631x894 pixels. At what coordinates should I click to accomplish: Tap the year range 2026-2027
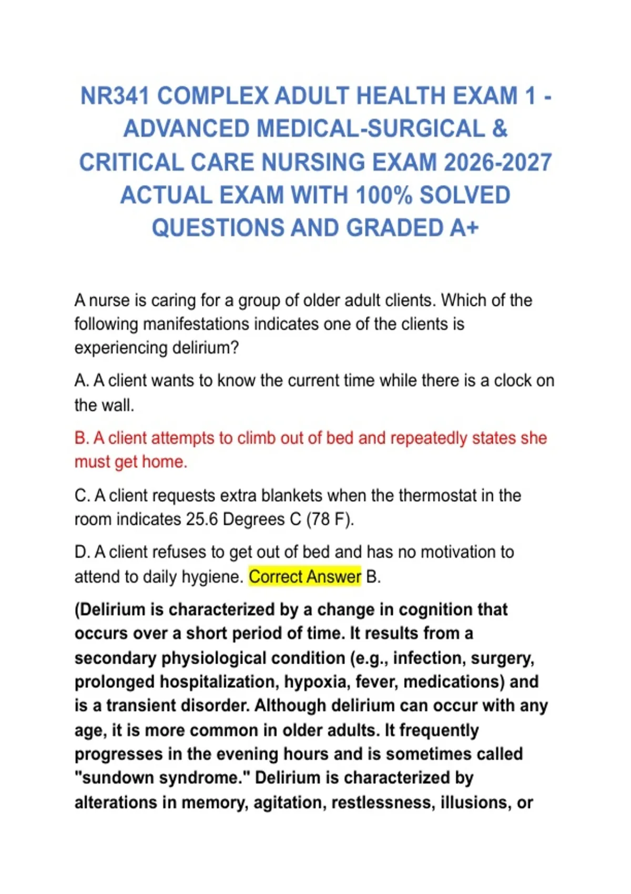(x=498, y=162)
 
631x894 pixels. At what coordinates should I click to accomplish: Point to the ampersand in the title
(x=500, y=129)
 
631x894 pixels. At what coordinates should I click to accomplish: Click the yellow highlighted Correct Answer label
(x=305, y=577)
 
